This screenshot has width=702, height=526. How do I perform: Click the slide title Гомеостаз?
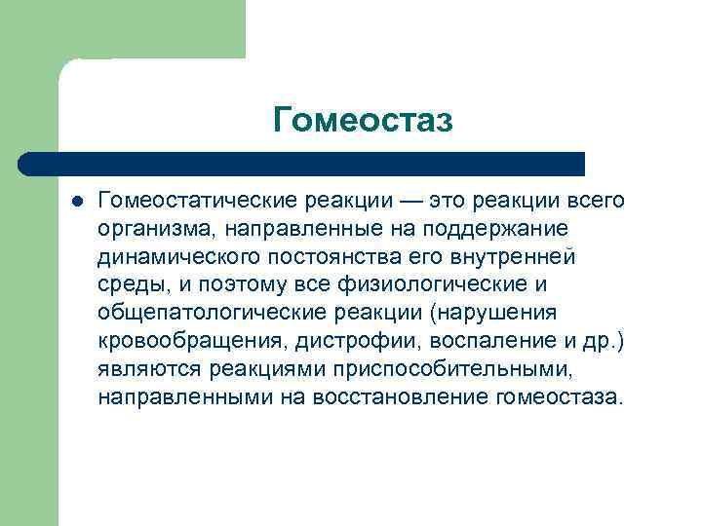[x=364, y=119]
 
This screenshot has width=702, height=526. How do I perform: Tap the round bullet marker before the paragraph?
[x=77, y=201]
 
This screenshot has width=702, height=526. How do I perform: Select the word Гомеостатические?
[x=182, y=200]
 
